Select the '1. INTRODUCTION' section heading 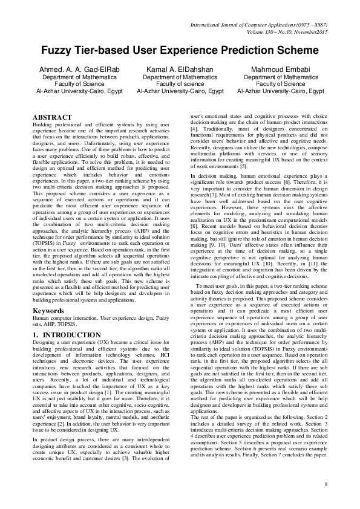67,334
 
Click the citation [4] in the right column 194,129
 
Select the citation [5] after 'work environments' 244,166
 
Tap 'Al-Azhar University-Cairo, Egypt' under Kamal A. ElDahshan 180,92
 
